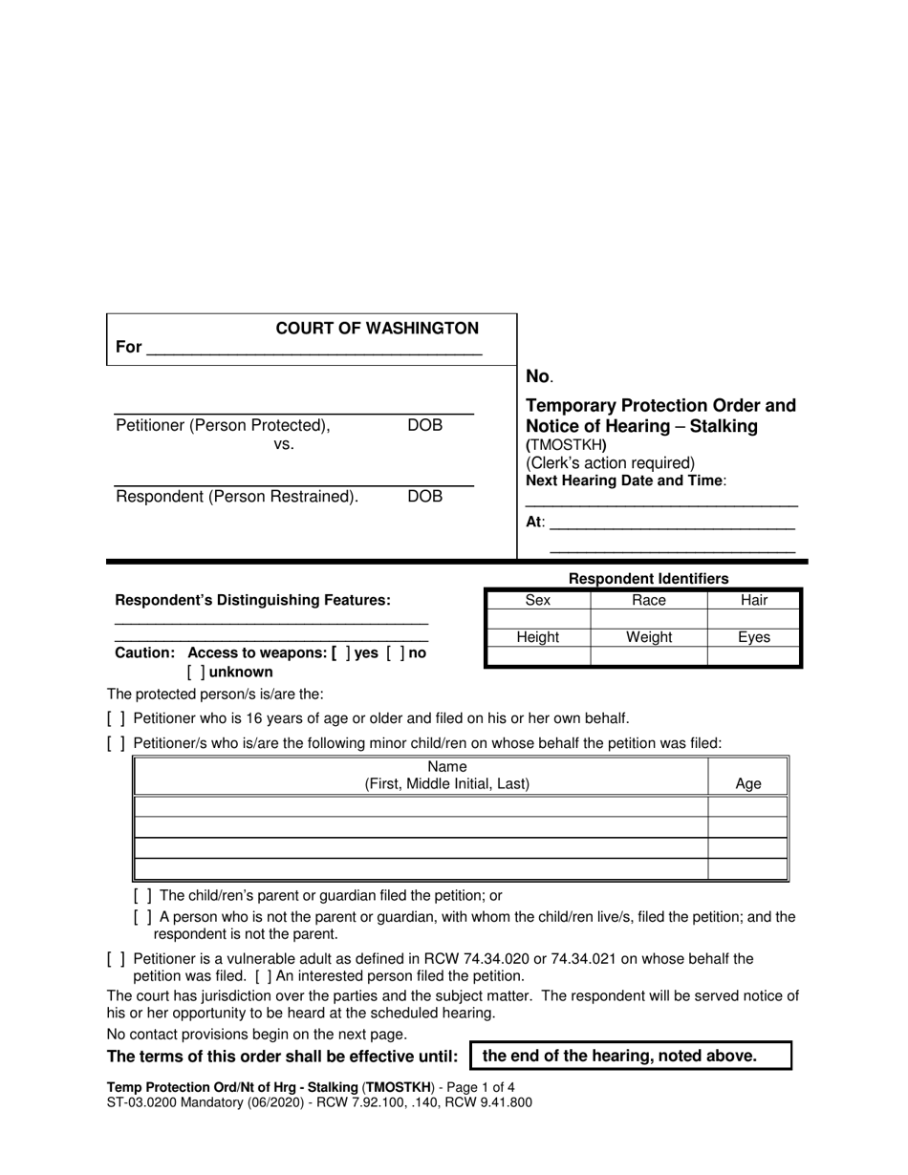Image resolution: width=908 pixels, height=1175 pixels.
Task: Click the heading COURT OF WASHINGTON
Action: (x=378, y=329)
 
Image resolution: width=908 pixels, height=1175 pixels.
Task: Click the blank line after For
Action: (x=314, y=350)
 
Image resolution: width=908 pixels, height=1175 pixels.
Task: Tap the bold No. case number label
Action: (x=539, y=377)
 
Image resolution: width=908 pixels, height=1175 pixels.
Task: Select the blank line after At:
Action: (x=673, y=523)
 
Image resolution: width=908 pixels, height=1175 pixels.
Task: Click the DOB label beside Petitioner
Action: (x=425, y=426)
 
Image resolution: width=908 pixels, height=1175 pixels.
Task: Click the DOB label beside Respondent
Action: (x=425, y=497)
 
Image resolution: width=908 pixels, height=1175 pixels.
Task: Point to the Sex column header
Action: (x=538, y=601)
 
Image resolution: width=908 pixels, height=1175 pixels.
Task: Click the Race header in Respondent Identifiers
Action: (x=649, y=601)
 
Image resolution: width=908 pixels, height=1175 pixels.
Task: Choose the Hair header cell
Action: (x=754, y=601)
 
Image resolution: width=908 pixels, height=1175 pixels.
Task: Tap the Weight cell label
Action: (x=649, y=637)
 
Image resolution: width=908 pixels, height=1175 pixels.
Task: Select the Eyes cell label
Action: (x=754, y=637)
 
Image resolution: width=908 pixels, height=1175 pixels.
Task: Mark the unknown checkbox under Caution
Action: (x=197, y=673)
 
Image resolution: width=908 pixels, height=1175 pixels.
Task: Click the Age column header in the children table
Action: (x=748, y=784)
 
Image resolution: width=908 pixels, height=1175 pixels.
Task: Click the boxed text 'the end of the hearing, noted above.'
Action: (x=631, y=1057)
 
